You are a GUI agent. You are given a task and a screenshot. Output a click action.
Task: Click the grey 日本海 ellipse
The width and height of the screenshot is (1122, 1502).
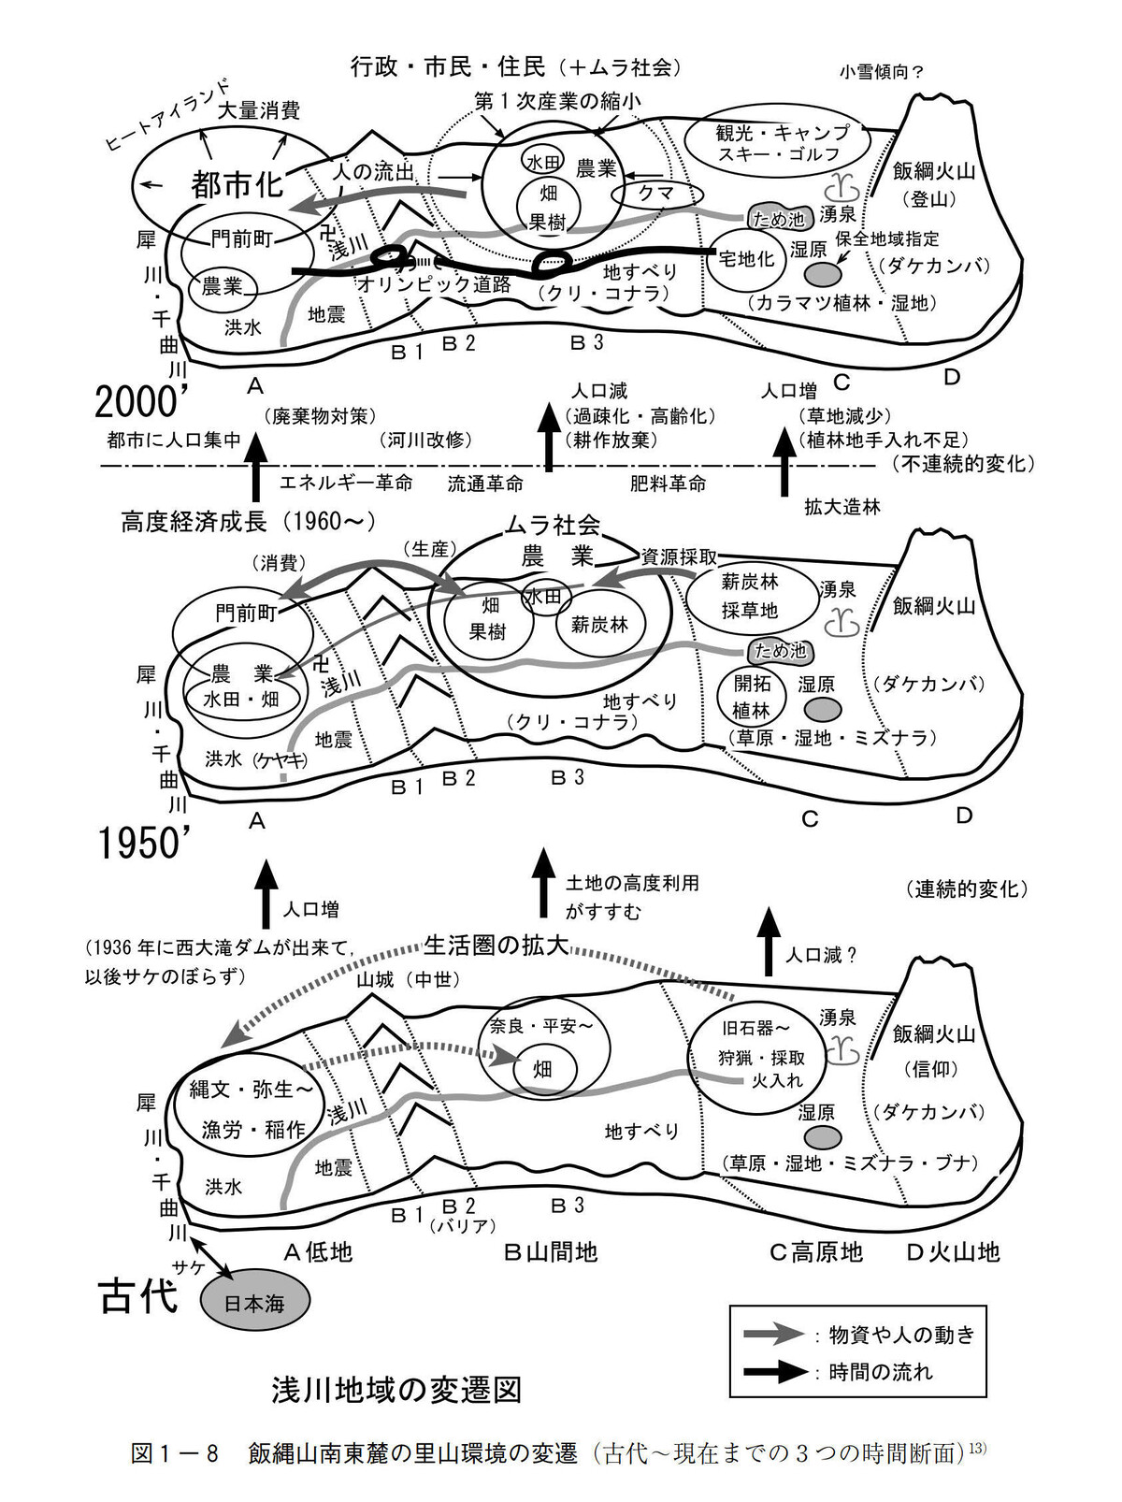[x=254, y=1301]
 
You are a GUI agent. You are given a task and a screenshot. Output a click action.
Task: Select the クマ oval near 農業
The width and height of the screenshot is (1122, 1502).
[x=655, y=194]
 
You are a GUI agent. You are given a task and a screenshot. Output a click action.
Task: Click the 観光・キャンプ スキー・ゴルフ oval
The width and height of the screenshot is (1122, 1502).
[x=778, y=142]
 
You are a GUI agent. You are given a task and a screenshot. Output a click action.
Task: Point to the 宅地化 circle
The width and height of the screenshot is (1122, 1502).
[x=745, y=259]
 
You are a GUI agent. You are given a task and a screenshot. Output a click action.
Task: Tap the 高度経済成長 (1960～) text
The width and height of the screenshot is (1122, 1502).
[x=249, y=521]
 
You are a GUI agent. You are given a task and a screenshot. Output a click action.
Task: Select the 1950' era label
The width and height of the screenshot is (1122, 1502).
[x=145, y=844]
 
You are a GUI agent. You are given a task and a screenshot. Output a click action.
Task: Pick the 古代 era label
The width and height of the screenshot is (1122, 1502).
[x=138, y=1298]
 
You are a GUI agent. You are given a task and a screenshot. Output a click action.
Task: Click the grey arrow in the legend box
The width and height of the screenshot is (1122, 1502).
[x=773, y=1334]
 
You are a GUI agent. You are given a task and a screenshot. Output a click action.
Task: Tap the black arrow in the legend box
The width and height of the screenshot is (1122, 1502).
[x=773, y=1372]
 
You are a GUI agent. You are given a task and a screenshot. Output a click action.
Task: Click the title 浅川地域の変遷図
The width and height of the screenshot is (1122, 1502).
[x=396, y=1390]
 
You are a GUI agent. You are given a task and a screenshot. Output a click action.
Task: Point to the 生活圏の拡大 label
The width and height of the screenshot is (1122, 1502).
[x=496, y=946]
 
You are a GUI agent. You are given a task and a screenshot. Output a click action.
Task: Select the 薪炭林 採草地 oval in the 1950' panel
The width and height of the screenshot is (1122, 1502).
[x=751, y=596]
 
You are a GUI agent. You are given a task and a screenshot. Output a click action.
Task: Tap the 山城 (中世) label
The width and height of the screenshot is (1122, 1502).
[x=403, y=979]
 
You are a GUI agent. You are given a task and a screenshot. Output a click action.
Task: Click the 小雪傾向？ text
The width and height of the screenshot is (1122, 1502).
[x=881, y=72]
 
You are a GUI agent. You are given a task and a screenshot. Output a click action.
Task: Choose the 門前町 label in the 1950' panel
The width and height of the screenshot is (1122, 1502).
[x=247, y=613]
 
